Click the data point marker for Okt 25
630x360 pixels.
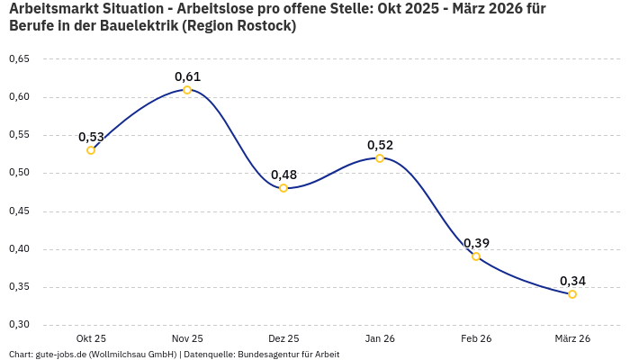91,150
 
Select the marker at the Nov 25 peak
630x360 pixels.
187,90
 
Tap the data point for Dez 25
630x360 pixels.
283,188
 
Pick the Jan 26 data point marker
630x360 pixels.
380,158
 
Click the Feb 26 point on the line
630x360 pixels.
476,256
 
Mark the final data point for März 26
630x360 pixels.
572,294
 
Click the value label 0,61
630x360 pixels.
187,76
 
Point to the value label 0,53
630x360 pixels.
91,137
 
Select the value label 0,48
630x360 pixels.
283,175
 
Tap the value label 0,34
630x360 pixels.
572,281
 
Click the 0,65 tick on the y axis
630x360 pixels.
19,59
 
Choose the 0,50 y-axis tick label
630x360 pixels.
19,173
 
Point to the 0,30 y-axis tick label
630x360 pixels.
19,325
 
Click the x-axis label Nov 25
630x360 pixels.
187,338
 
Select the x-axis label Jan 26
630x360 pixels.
380,338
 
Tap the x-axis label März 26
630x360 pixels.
572,338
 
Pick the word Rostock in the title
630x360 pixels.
265,26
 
